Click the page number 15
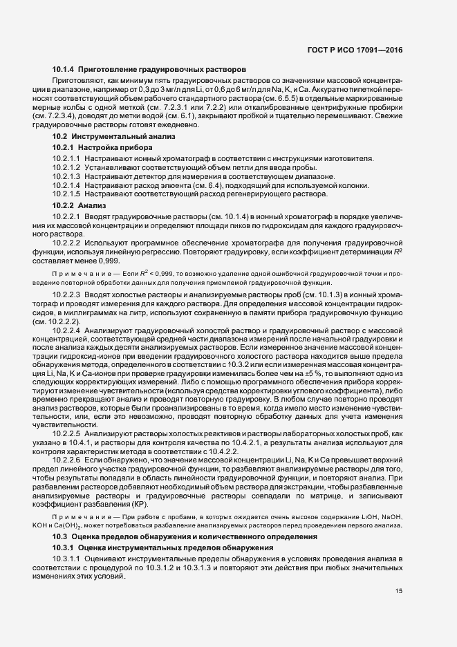[399, 591]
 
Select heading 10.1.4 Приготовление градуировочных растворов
[149, 70]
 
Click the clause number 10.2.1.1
[68, 158]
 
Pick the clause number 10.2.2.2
[68, 243]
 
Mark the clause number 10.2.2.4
[68, 330]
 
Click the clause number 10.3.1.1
[66, 559]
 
